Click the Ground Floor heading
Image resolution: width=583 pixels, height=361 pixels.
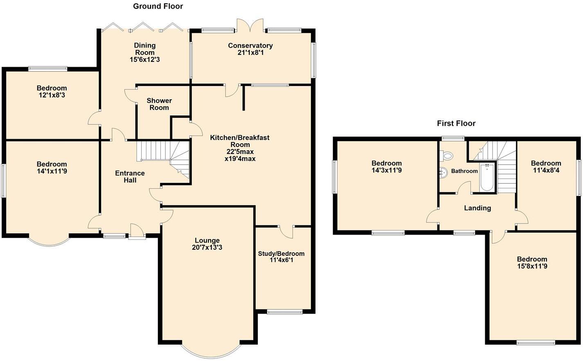(x=158, y=6)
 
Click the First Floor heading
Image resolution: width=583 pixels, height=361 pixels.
(x=456, y=123)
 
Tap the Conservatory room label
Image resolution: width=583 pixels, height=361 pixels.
(x=250, y=45)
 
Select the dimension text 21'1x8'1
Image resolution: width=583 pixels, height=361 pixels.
(x=250, y=52)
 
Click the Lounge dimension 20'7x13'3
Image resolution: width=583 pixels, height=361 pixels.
(x=207, y=247)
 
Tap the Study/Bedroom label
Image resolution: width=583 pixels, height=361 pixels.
(x=281, y=253)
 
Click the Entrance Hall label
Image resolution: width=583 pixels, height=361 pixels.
(x=130, y=176)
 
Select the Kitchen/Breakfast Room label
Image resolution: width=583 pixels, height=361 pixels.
(x=240, y=141)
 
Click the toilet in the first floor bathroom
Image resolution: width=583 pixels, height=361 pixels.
(x=447, y=156)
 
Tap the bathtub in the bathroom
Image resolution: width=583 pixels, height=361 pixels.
(x=487, y=178)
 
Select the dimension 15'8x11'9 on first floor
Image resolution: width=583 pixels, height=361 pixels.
(x=532, y=266)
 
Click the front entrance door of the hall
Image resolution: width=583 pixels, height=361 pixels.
(x=137, y=232)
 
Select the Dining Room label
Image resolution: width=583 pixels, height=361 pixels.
(x=145, y=49)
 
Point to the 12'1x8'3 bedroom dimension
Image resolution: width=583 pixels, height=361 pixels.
(x=52, y=95)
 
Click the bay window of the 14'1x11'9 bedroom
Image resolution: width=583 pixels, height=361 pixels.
(x=48, y=241)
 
